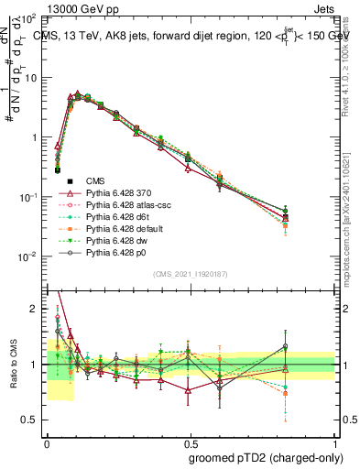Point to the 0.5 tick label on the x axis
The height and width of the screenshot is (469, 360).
[x=190, y=441]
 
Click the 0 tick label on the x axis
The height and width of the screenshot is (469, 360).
[x=47, y=441]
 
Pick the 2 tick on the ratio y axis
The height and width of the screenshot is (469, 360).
[x=35, y=309]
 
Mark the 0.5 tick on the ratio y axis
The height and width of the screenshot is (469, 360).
[x=31, y=420]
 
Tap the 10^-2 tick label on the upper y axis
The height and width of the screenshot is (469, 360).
[x=29, y=256]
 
